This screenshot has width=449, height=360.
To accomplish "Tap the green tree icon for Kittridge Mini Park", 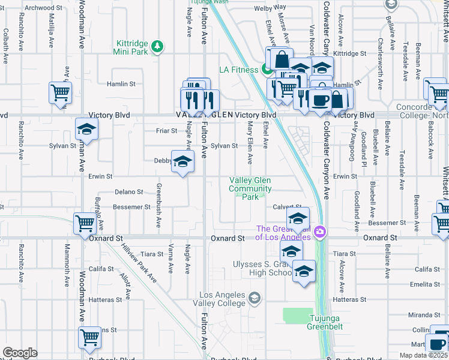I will point(157,46).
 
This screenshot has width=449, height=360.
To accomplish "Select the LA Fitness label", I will point(238,70).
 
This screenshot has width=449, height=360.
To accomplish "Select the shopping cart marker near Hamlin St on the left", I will point(61,93).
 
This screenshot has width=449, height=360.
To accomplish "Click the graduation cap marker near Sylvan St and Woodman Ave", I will point(87,129).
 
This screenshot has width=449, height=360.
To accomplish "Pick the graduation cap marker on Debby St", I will point(183,161).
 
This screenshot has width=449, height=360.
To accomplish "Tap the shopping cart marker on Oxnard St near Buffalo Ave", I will point(85,223).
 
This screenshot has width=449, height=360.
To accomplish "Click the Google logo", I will point(20,353).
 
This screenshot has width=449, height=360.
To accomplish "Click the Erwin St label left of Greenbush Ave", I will point(101,176).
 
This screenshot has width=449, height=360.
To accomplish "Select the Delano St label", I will point(128,192).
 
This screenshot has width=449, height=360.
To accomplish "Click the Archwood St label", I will point(45,8).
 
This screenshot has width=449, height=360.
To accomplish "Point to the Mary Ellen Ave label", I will point(250,136).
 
